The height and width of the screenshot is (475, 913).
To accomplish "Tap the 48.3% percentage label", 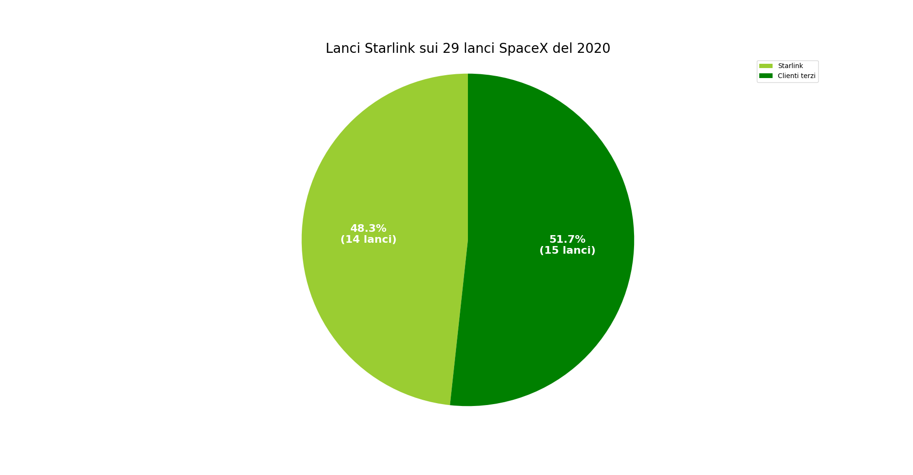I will click(368, 229).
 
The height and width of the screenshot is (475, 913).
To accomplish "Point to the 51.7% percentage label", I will click(567, 240).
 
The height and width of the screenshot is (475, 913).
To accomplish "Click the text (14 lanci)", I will click(368, 240).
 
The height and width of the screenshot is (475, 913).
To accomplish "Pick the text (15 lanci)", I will click(567, 251).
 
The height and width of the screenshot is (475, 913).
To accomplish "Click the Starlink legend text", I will click(790, 66).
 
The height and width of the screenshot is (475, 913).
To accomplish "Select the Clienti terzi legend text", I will click(796, 76).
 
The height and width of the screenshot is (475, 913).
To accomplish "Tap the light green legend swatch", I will click(765, 66).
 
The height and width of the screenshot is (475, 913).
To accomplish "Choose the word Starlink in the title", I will click(389, 49).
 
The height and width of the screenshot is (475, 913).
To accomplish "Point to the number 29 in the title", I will click(450, 49).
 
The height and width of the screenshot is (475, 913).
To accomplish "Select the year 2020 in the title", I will click(593, 49).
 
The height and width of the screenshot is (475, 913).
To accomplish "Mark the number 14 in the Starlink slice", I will click(352, 240).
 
